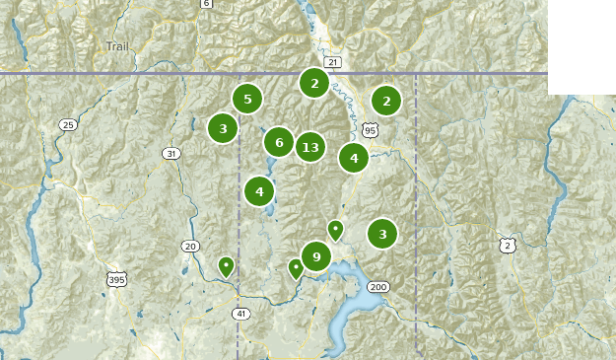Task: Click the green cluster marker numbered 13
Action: coord(310,148)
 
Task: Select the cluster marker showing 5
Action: coord(247,99)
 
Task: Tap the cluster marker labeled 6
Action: coord(279,142)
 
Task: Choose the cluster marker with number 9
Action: coord(316,257)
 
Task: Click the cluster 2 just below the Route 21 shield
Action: coord(314,83)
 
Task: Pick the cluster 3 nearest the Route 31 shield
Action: coord(224,127)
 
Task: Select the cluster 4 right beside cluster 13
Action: coord(354,157)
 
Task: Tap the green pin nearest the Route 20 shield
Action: coord(226,265)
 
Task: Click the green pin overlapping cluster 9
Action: coord(296,267)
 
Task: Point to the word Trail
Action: coord(117,46)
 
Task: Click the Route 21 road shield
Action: coord(332,62)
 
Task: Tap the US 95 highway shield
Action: coord(370,129)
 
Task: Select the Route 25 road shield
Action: coord(67,124)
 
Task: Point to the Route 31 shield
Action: coord(172,153)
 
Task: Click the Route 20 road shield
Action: coord(190,247)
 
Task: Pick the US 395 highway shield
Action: coord(117,280)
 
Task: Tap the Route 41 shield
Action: coord(241,314)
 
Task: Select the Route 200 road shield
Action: coord(377,287)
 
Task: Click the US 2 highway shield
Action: coord(507,246)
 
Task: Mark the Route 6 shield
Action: coord(206,4)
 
